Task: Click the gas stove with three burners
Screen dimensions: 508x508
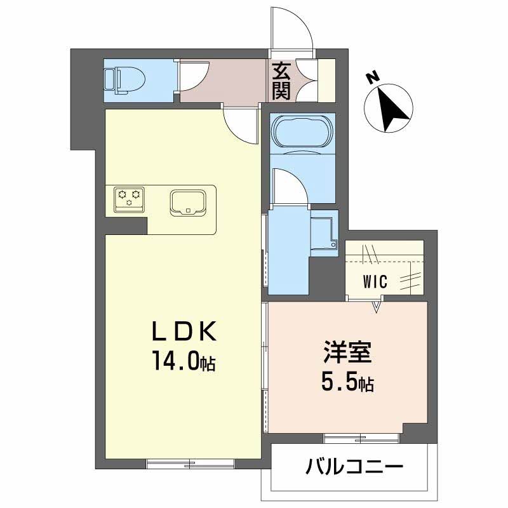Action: click(129, 198)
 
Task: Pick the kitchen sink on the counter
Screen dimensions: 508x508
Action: click(188, 201)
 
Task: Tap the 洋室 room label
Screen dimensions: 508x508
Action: click(346, 353)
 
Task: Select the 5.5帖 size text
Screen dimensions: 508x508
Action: click(346, 383)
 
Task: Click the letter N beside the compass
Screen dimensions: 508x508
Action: click(373, 78)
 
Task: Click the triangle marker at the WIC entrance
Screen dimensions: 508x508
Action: click(377, 307)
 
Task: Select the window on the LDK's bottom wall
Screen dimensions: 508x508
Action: click(190, 462)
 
